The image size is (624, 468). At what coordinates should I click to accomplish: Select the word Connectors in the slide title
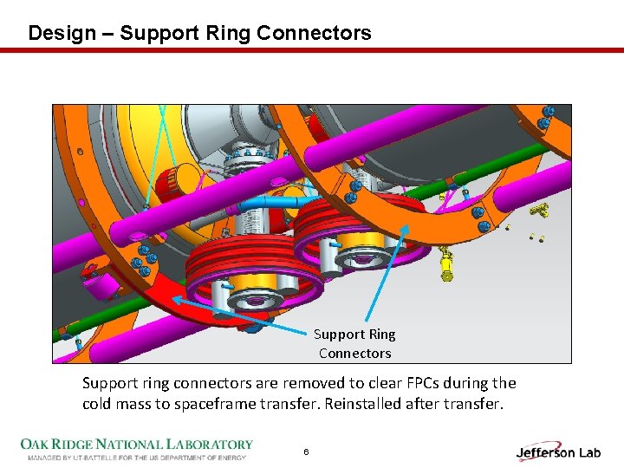[x=326, y=34]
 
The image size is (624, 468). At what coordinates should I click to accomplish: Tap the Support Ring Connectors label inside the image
[x=354, y=343]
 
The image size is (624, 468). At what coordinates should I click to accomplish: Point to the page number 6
[x=306, y=452]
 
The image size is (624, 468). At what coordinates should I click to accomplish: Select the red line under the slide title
[x=312, y=50]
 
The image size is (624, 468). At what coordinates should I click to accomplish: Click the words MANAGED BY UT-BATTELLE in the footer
[x=82, y=457]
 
